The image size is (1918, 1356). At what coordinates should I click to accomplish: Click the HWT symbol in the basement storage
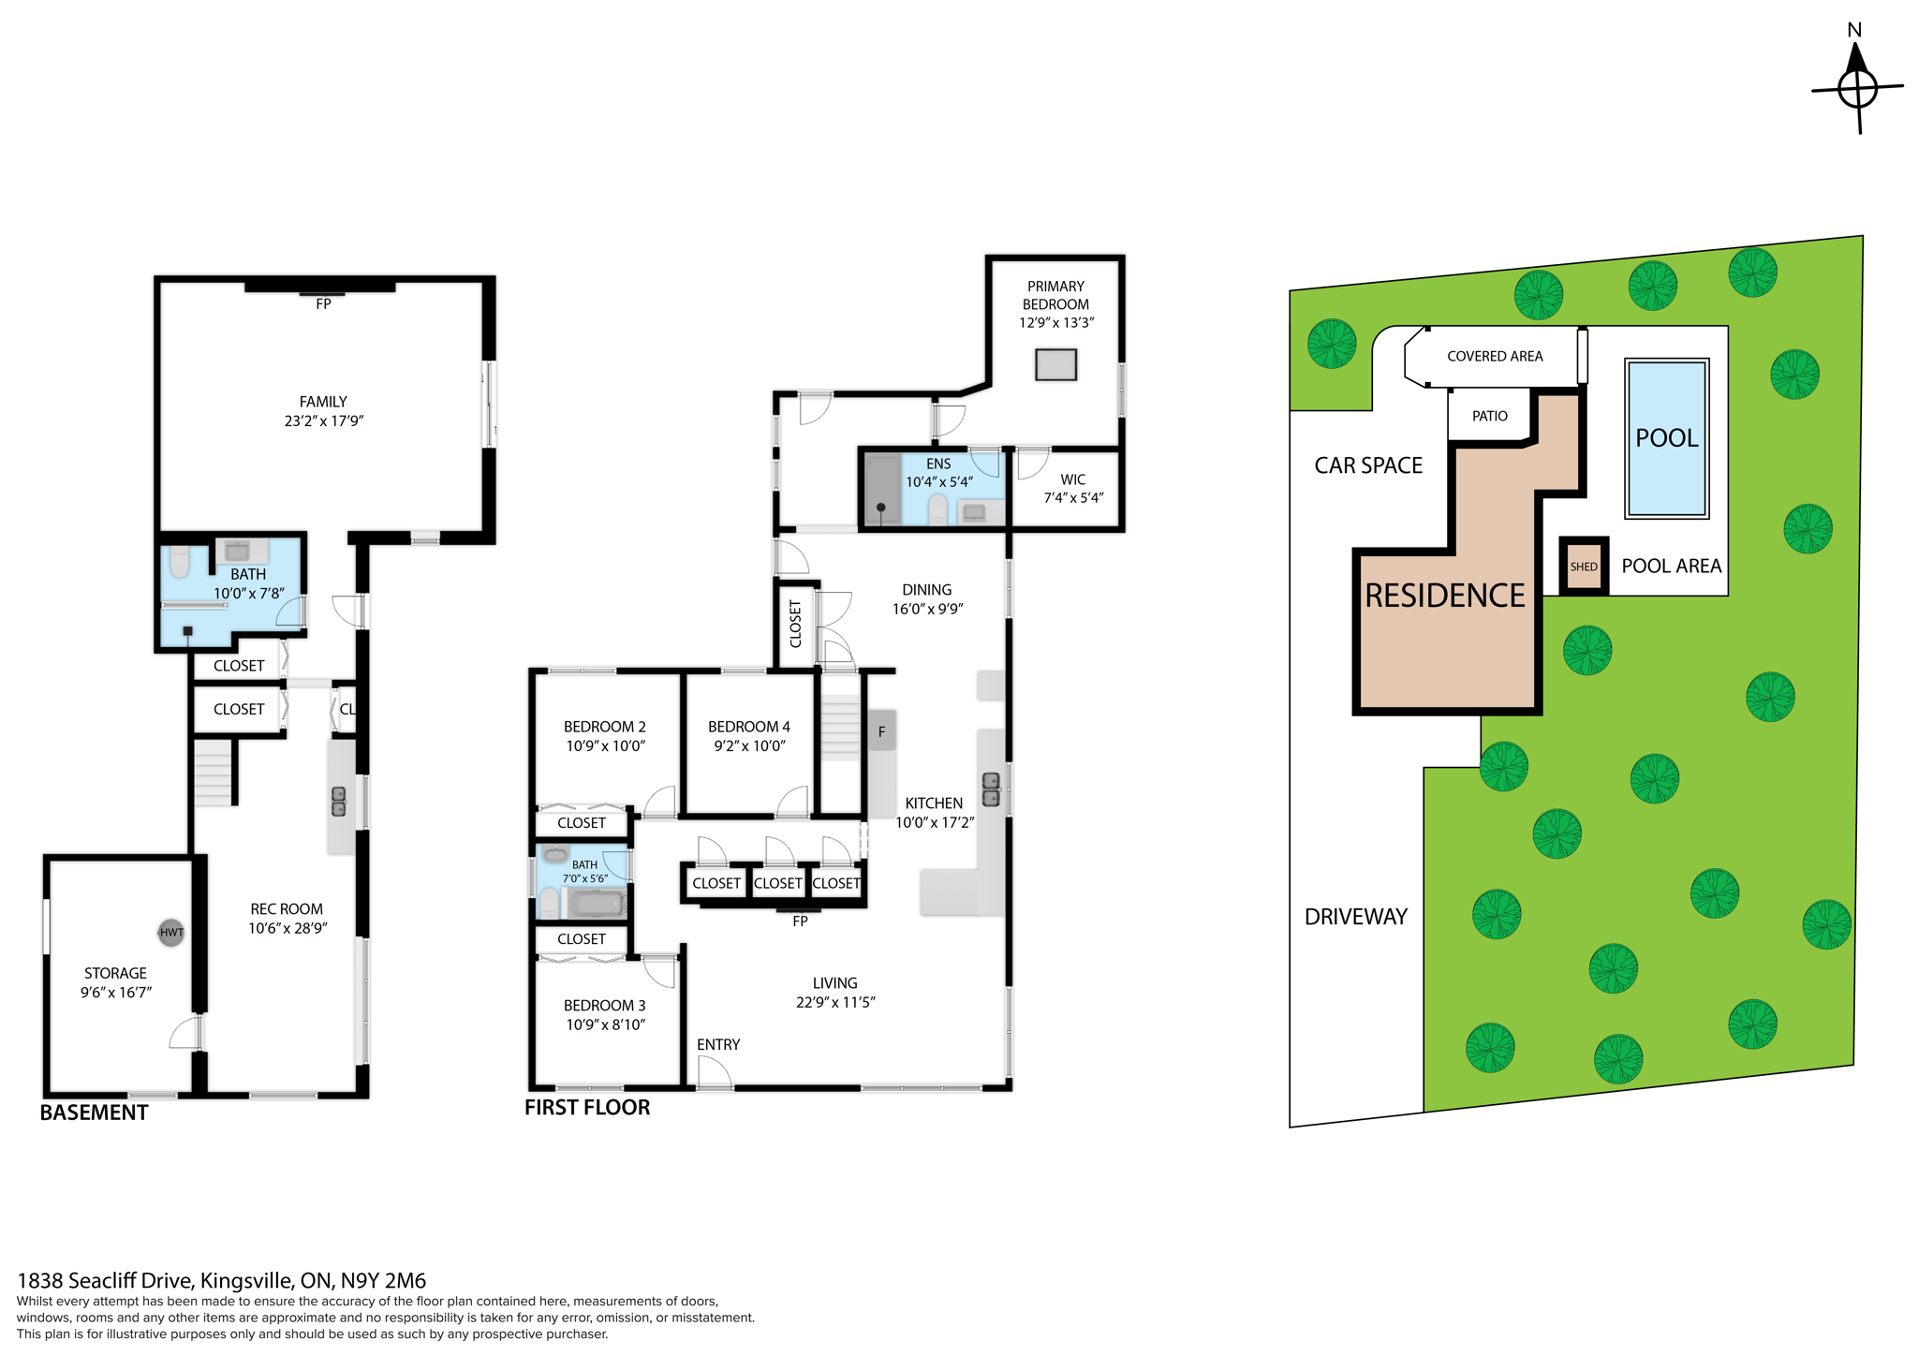tap(170, 932)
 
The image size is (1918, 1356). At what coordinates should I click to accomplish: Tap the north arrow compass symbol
tap(1857, 89)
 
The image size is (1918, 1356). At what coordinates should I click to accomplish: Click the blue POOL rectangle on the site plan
tap(1666, 438)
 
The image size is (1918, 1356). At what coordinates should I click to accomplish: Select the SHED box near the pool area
tap(1584, 567)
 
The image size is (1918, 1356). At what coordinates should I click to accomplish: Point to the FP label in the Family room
tap(323, 304)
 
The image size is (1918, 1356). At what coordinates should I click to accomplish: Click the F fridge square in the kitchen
tap(881, 731)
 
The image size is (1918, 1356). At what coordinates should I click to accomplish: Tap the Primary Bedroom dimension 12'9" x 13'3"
tap(1056, 322)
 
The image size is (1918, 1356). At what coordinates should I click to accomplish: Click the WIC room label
tap(1073, 479)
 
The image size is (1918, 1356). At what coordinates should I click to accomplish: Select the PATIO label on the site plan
tap(1489, 416)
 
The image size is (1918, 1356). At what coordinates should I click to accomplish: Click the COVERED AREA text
tap(1495, 356)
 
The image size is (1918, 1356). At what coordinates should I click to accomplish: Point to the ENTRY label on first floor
tap(718, 1044)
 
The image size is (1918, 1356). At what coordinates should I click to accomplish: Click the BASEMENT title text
tap(94, 1113)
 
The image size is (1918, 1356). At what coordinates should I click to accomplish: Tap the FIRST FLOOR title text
tap(587, 1107)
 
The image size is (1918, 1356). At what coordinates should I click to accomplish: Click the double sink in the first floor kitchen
tap(990, 789)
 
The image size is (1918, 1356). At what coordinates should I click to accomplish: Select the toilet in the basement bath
tap(180, 562)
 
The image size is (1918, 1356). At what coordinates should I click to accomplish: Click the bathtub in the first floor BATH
tap(596, 904)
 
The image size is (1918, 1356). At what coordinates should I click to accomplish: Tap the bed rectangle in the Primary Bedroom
tap(1055, 364)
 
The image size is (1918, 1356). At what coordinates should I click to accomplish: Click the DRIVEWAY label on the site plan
tap(1355, 917)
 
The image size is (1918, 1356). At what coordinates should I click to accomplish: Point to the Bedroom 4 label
tap(748, 727)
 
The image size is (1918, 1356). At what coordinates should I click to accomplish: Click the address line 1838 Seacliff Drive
tap(222, 1280)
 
